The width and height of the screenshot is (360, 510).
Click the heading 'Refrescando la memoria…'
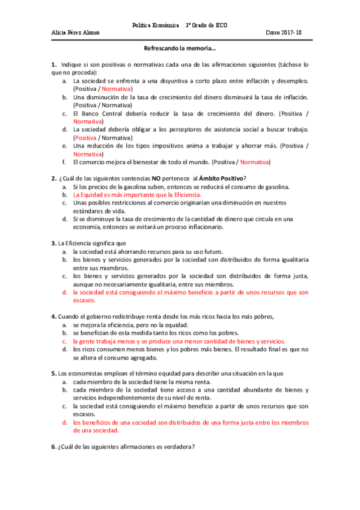180,49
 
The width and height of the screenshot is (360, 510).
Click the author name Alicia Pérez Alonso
75,32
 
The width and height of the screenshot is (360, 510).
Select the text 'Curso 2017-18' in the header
286,32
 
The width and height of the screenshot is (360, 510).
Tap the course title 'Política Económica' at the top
156,25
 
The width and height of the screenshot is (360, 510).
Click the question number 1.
53,64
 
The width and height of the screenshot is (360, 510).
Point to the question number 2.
53,177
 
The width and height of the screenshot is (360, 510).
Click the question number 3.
53,243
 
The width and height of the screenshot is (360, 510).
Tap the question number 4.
53,316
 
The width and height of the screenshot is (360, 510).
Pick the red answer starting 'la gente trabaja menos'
178,340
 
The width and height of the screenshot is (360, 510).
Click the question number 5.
53,373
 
